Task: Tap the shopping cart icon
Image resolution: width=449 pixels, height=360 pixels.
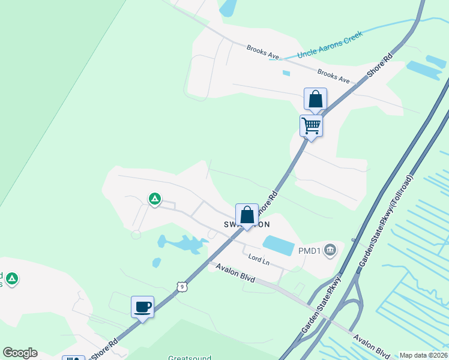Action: click(311, 126)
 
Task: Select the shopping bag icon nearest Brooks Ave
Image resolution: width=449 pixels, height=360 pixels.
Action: click(316, 99)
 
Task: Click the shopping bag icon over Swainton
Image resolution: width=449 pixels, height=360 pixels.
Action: click(247, 214)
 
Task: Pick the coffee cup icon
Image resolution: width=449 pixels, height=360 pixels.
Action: click(143, 307)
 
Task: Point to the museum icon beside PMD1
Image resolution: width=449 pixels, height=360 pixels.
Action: click(330, 250)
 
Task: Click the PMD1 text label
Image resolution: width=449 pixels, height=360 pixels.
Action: click(310, 250)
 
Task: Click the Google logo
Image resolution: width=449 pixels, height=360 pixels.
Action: click(20, 353)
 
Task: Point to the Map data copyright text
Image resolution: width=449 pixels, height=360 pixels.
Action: click(423, 355)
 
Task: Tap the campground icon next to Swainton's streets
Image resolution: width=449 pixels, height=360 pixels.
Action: click(155, 199)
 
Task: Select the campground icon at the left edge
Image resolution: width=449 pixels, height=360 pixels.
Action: click(11, 278)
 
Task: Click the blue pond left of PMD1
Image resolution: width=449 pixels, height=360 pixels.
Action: click(279, 244)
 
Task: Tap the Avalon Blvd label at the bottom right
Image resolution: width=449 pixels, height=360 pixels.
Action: click(372, 346)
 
